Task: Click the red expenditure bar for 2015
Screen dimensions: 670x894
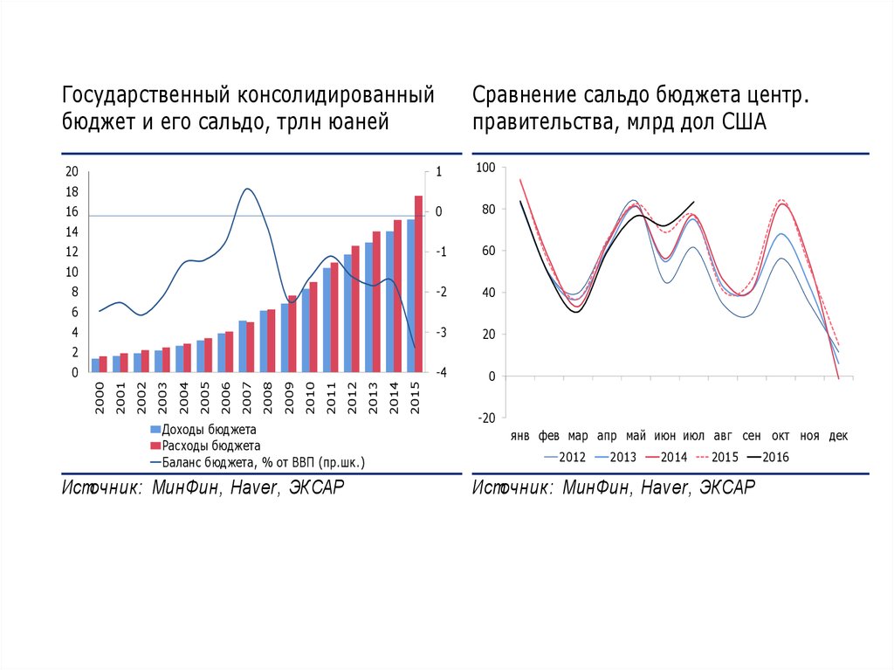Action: (x=418, y=284)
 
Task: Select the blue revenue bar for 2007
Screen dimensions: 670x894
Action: (x=243, y=346)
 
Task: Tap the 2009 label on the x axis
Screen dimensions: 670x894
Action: (x=289, y=397)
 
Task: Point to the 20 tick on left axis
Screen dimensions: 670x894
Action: (x=72, y=171)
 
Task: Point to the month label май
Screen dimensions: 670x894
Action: (x=636, y=435)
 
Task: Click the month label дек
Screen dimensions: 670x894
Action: (x=838, y=435)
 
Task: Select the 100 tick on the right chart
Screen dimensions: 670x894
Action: (x=485, y=168)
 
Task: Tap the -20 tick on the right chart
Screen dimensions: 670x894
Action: (x=485, y=418)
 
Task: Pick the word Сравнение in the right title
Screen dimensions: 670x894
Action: (x=526, y=93)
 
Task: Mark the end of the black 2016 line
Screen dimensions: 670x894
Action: (x=694, y=202)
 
